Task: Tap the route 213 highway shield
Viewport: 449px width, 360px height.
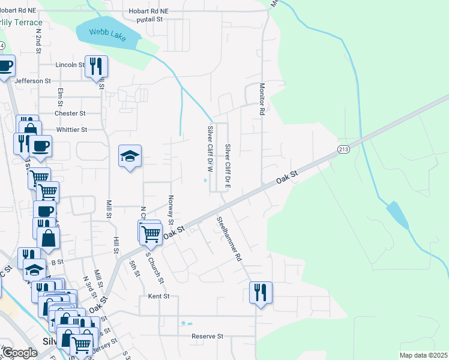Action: pos(343,149)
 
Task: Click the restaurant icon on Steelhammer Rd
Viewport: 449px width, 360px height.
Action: pos(261,293)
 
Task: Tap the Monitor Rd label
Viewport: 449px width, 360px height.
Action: pos(262,99)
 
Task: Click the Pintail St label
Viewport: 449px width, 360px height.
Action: pos(149,19)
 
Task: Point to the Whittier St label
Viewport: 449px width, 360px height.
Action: pos(71,130)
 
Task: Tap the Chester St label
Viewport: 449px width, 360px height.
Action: pos(70,113)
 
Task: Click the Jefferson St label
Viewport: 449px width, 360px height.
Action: pos(33,80)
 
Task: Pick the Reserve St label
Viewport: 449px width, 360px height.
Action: pos(207,337)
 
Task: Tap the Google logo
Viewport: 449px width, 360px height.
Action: pos(20,353)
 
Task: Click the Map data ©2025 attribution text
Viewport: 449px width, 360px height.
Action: pos(423,355)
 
